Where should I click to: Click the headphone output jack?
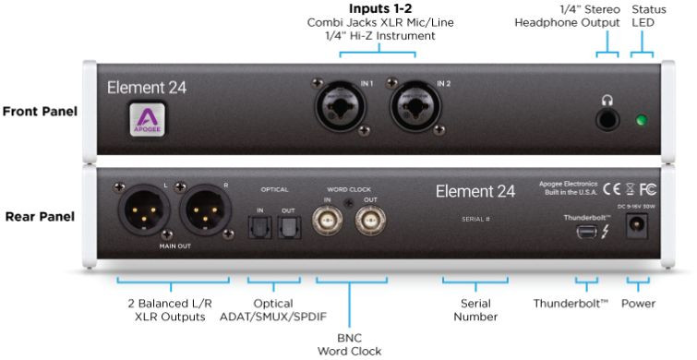point(607,120)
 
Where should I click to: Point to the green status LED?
point(641,121)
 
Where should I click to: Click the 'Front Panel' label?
point(40,112)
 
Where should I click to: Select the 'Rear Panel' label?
point(40,218)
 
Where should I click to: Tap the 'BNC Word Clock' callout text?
point(349,342)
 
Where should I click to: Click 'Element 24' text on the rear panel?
point(475,192)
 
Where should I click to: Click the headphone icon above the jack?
point(607,99)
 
